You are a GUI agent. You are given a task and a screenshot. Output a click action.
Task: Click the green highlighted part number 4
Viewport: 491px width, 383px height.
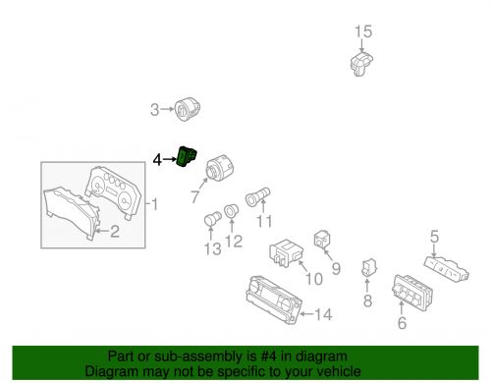pyautogui.click(x=187, y=156)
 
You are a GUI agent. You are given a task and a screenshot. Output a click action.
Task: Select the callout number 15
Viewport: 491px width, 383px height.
pyautogui.click(x=363, y=31)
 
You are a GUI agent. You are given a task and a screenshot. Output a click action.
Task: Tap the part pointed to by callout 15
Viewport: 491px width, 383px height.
pyautogui.click(x=361, y=64)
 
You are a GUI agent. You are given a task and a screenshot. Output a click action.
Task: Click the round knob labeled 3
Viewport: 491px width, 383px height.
pyautogui.click(x=188, y=109)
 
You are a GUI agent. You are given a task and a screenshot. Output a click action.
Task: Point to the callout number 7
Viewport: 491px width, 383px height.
pyautogui.click(x=195, y=196)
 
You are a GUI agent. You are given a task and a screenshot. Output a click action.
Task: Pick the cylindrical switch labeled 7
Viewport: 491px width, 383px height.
pyautogui.click(x=218, y=169)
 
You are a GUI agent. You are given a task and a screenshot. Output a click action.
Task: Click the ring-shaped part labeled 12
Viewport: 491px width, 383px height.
pyautogui.click(x=231, y=210)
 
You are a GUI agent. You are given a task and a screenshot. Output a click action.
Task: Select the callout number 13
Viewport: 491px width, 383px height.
pyautogui.click(x=213, y=249)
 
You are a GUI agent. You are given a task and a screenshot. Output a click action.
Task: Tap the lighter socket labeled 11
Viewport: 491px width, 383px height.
pyautogui.click(x=258, y=196)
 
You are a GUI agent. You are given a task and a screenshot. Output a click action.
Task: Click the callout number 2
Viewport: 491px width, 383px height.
pyautogui.click(x=115, y=232)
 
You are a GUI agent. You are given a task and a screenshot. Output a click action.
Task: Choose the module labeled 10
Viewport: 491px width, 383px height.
pyautogui.click(x=286, y=253)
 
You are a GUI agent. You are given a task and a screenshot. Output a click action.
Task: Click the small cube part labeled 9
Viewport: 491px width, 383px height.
pyautogui.click(x=322, y=240)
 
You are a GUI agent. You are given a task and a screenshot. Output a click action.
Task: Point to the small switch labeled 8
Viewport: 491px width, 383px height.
pyautogui.click(x=369, y=267)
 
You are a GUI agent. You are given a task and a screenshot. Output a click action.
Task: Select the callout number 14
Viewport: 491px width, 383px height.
pyautogui.click(x=323, y=314)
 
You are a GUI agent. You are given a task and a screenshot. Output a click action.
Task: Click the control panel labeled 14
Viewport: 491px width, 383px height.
pyautogui.click(x=274, y=300)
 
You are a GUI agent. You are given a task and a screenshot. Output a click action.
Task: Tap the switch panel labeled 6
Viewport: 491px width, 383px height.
pyautogui.click(x=412, y=293)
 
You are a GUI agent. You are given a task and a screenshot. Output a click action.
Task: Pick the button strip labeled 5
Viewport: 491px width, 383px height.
pyautogui.click(x=447, y=269)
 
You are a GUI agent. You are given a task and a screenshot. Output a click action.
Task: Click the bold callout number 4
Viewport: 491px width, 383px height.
pyautogui.click(x=157, y=160)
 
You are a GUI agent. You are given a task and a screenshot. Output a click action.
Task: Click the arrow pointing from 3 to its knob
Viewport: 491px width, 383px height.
pyautogui.click(x=167, y=109)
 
